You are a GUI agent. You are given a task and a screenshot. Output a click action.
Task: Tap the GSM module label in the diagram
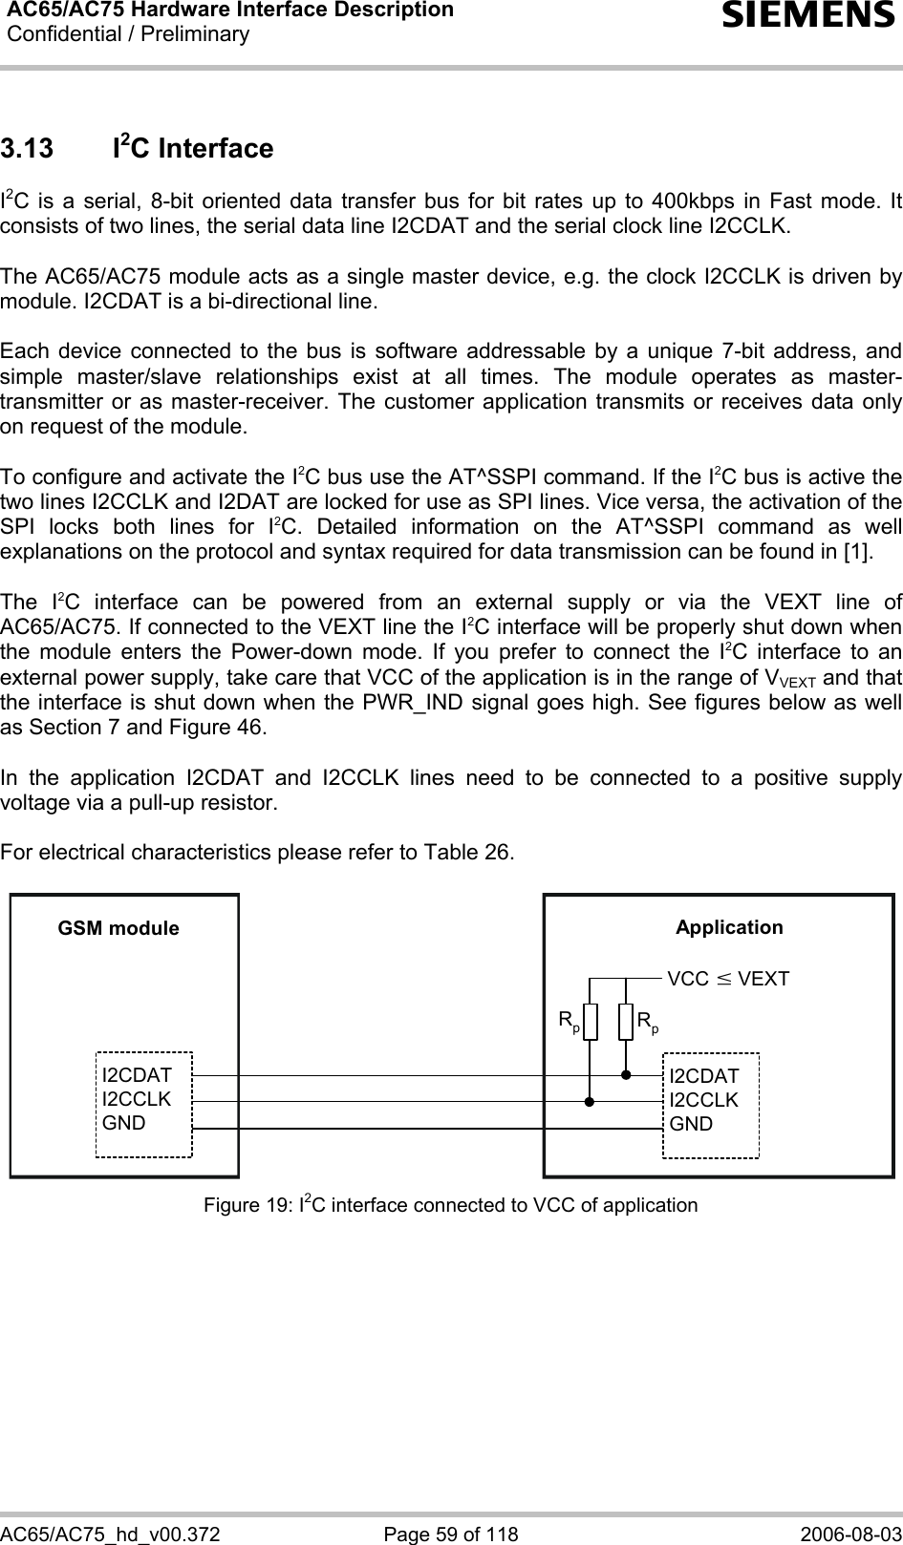click(x=118, y=928)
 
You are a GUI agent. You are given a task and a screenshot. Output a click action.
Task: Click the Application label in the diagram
click(x=729, y=927)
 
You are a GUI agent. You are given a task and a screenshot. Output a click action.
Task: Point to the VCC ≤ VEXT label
click(x=728, y=979)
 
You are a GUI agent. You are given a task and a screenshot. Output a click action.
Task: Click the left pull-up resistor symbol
click(x=591, y=1022)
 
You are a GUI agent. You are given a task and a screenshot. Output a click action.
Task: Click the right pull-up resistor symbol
click(x=626, y=1022)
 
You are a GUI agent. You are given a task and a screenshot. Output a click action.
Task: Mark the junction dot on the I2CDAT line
click(x=626, y=1075)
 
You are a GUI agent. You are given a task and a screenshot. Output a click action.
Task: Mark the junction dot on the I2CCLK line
click(x=591, y=1101)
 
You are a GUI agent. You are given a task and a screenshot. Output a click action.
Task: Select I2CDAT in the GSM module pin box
click(x=137, y=1076)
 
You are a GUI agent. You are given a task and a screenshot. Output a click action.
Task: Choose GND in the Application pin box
click(x=691, y=1124)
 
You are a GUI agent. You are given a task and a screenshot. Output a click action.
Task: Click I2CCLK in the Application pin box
click(x=704, y=1100)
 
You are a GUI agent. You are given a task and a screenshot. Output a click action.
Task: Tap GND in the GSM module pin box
click(x=124, y=1123)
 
